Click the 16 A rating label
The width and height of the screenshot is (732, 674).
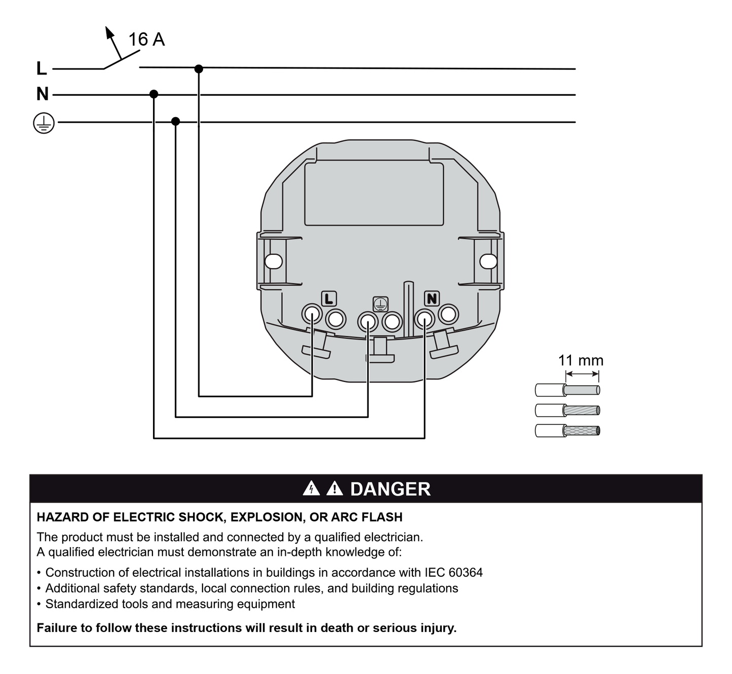146,40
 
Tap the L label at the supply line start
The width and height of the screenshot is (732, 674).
42,68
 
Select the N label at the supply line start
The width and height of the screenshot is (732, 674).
43,94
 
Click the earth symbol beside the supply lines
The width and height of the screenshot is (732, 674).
44,123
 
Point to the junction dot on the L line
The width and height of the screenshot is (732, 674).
199,68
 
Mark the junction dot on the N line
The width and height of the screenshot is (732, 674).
154,94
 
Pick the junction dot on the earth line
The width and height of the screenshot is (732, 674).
175,121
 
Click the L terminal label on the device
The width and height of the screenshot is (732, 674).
329,299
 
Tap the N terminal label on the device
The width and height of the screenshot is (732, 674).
432,299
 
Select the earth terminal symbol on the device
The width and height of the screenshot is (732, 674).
380,304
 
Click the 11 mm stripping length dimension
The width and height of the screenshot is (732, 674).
581,361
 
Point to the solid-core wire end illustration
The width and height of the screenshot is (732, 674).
567,390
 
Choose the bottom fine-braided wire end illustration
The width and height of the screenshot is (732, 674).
567,431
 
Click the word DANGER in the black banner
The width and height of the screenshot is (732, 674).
390,489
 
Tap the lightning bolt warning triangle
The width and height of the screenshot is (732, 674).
311,489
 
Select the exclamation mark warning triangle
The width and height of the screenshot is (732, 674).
334,489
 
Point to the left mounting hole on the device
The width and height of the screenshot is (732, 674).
274,261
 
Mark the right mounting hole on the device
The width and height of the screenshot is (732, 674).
488,261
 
